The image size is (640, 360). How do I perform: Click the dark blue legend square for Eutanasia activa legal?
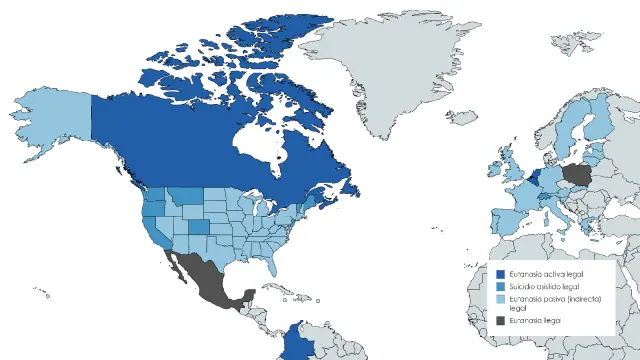pos(500,273)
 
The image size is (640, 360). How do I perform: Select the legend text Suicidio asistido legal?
pos(544,286)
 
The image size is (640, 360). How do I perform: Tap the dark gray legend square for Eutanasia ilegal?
pos(500,320)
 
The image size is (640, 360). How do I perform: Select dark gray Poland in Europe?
pos(578,178)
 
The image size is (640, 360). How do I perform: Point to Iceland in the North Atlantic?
pos(462,117)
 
